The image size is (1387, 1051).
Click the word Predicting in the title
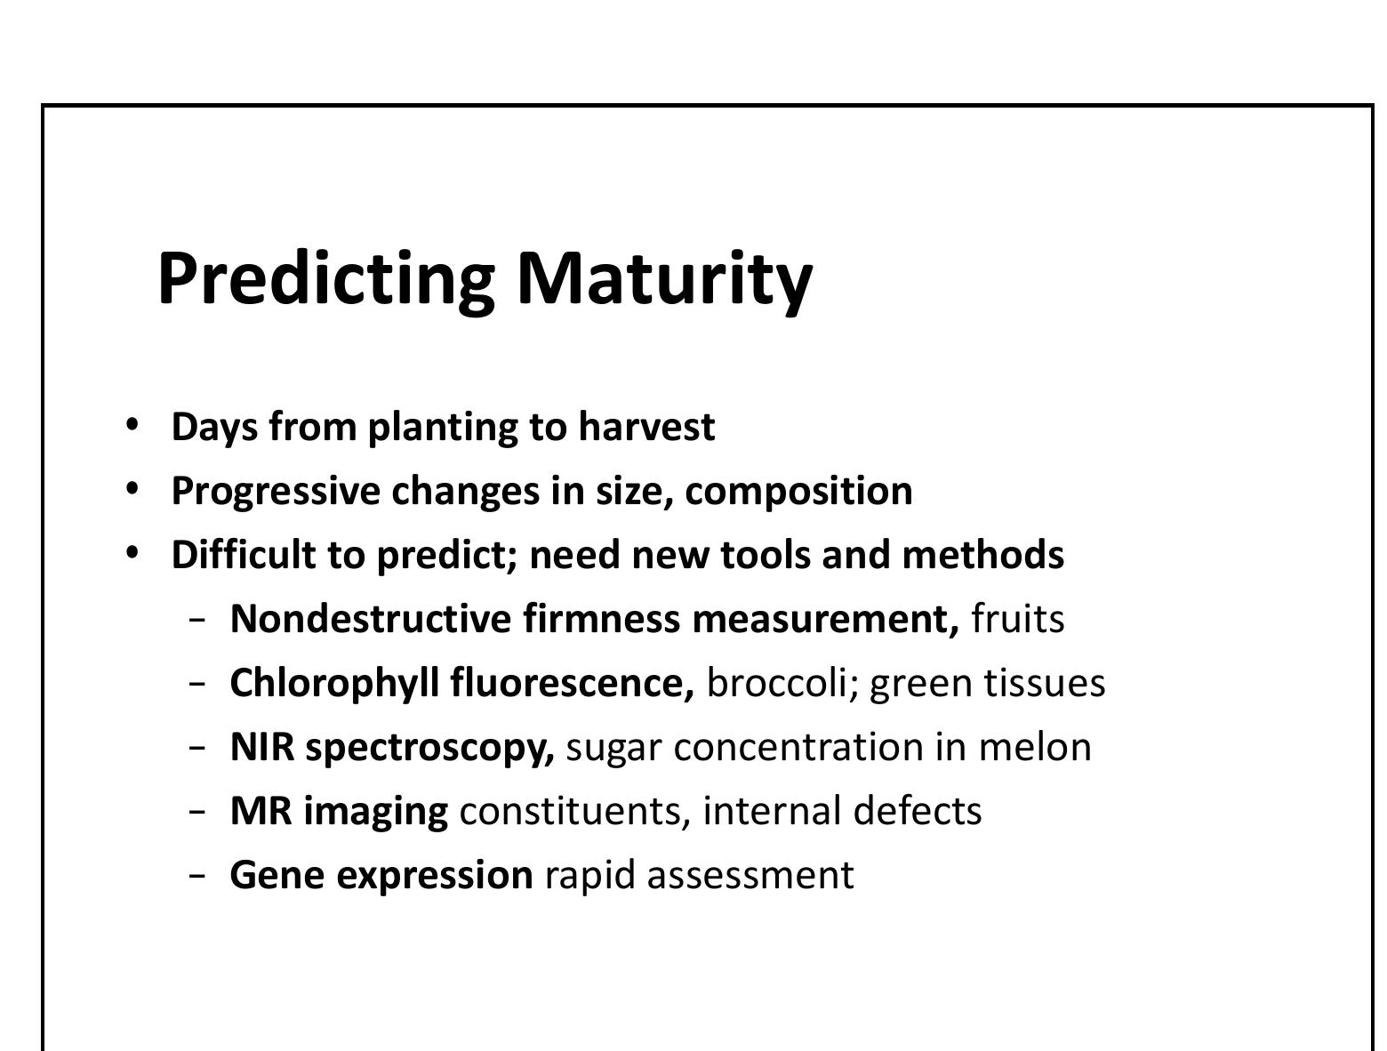click(325, 278)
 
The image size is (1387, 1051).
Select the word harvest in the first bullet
click(646, 427)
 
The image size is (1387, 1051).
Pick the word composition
click(798, 491)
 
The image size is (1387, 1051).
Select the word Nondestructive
click(371, 619)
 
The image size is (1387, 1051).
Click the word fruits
click(1017, 619)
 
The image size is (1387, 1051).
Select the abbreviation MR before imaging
click(261, 811)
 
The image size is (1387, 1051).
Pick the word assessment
click(750, 875)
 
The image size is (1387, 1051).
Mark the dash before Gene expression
click(197, 877)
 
